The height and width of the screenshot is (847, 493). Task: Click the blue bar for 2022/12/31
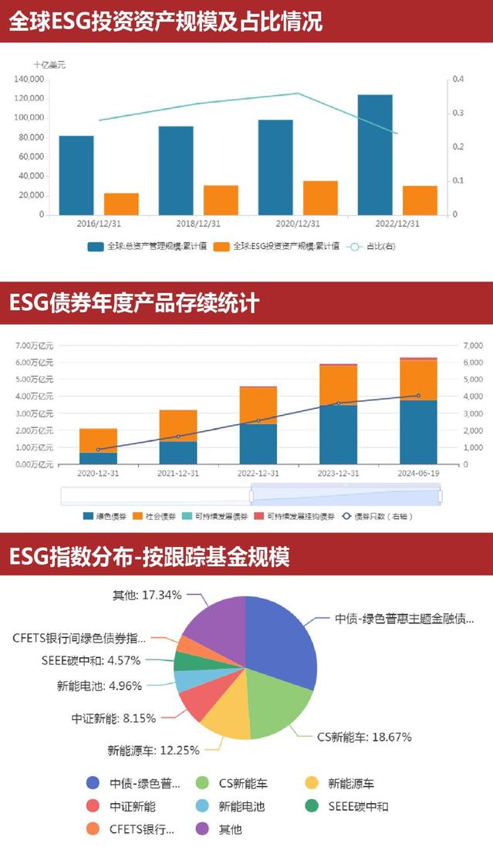[375, 154]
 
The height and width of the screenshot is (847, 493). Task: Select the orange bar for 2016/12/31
[121, 204]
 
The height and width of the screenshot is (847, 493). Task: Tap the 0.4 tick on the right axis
[458, 79]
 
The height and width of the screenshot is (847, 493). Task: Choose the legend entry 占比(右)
[374, 247]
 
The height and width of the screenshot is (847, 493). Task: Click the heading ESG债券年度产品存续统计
[134, 302]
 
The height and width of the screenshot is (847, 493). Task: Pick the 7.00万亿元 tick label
[35, 346]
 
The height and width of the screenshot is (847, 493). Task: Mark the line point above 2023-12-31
[338, 403]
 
